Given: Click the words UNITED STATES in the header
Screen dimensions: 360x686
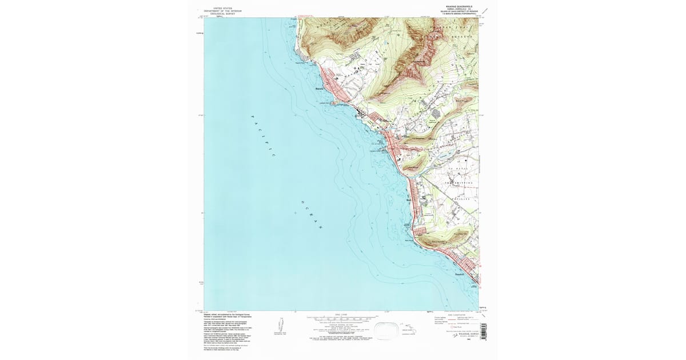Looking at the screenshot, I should click(224, 8).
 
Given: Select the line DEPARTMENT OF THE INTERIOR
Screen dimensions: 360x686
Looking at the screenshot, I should click(224, 11).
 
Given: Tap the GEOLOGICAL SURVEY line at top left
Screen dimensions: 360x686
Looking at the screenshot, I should click(224, 14).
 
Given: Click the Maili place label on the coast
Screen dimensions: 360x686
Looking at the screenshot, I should click(408, 200).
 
